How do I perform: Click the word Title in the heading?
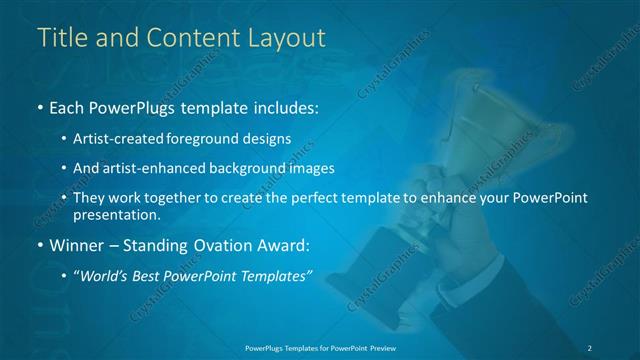pos(61,38)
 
